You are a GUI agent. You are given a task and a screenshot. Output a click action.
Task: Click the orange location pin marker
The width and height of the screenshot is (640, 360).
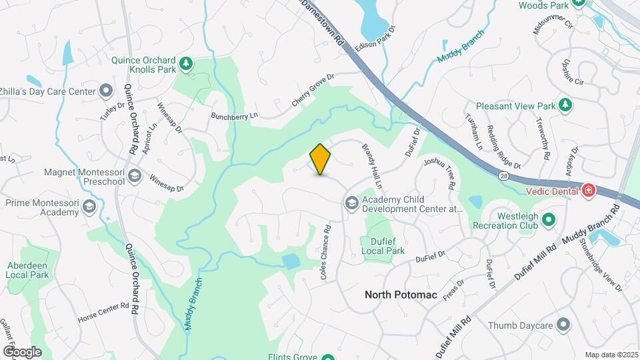tap(321, 159)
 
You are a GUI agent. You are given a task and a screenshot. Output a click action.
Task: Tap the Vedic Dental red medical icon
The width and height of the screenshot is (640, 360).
tap(588, 191)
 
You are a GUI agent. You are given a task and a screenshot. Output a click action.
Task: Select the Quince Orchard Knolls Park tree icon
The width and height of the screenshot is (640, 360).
tap(187, 64)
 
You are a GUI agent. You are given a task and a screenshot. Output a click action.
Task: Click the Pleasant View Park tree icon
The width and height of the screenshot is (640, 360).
tap(565, 105)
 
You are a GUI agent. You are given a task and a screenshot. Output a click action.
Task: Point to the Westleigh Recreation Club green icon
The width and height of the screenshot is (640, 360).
tap(549, 219)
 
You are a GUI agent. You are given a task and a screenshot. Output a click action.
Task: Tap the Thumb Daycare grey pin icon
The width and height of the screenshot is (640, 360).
tap(564, 325)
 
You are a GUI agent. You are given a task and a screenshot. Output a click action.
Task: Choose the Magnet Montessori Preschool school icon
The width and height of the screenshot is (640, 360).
tap(135, 176)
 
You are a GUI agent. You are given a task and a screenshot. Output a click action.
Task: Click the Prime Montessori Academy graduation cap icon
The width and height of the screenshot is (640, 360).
tap(88, 207)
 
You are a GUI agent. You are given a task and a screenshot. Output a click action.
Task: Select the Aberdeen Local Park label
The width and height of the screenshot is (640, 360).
tap(28, 269)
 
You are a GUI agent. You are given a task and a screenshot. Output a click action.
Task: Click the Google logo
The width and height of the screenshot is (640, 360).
tap(22, 351)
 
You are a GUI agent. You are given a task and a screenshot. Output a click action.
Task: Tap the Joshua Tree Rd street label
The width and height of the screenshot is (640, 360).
tap(442, 171)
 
